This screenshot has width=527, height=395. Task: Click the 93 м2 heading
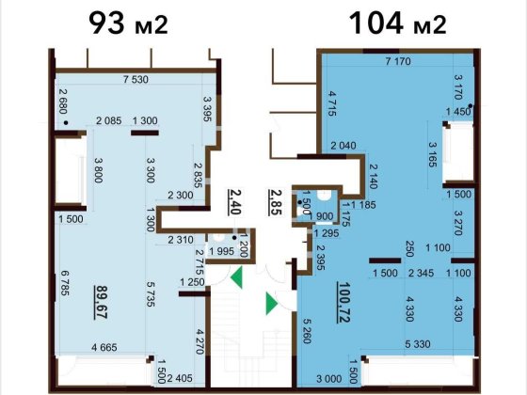[x=128, y=23]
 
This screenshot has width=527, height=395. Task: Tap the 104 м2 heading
[x=398, y=23]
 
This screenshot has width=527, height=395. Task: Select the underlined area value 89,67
[x=102, y=302]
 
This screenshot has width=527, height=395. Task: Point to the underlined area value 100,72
[x=343, y=302]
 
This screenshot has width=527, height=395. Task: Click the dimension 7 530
[x=136, y=80]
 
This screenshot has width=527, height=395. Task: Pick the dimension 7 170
[x=398, y=61]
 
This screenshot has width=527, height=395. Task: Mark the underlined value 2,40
[x=234, y=201]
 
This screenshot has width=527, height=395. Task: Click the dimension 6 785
[x=65, y=283]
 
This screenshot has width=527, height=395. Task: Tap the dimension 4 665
[x=104, y=347]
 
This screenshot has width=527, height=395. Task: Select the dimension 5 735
[x=151, y=293]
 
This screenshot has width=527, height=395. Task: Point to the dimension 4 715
[x=331, y=103]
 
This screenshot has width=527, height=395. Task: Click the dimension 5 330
[x=418, y=344]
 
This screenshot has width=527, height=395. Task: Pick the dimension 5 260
[x=307, y=331]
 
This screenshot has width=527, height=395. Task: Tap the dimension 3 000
[x=329, y=379]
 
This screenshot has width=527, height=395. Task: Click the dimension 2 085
[x=109, y=120]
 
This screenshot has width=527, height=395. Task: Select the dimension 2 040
[x=343, y=146]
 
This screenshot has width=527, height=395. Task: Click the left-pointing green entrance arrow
[x=237, y=277]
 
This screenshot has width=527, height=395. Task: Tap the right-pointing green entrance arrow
[x=271, y=304]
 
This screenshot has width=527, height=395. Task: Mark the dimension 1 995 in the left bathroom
[x=222, y=251]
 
